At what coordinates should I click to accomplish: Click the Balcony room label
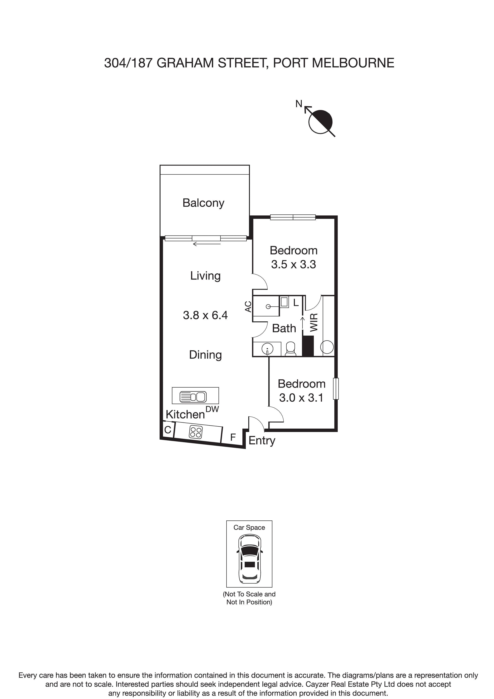[203, 203]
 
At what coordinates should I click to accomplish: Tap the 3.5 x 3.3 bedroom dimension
[293, 264]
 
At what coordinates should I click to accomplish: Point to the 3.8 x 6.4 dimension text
[205, 315]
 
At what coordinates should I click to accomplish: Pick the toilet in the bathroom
[291, 349]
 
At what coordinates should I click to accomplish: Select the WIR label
[314, 322]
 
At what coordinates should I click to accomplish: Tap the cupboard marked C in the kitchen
[167, 430]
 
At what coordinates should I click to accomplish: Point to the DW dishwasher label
[212, 409]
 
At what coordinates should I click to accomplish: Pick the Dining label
[205, 355]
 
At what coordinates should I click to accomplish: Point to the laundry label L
[296, 303]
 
